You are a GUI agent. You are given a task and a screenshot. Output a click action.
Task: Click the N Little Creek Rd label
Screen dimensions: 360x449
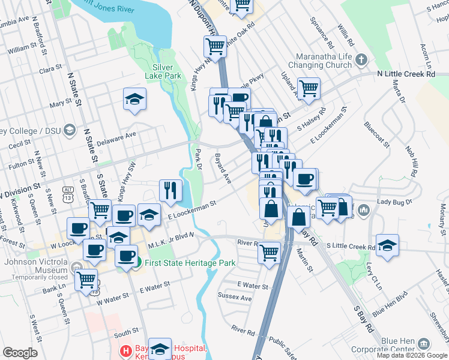point(406,74)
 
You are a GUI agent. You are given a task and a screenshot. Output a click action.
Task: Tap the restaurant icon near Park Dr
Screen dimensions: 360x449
point(170,190)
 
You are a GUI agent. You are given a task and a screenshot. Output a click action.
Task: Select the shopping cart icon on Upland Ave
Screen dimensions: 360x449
point(309,89)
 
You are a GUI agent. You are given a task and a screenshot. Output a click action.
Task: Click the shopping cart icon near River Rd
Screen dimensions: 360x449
point(270,252)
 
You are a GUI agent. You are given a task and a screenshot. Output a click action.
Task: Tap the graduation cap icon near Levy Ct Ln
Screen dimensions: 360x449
point(388,245)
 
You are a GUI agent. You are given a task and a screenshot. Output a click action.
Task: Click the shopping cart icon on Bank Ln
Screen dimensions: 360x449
point(86,279)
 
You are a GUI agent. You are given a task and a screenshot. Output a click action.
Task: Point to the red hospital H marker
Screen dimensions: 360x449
point(126,350)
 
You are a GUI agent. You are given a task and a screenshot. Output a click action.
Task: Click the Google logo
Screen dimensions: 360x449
point(20,353)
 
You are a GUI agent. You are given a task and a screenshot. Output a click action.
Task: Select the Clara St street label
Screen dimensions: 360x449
point(47,70)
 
